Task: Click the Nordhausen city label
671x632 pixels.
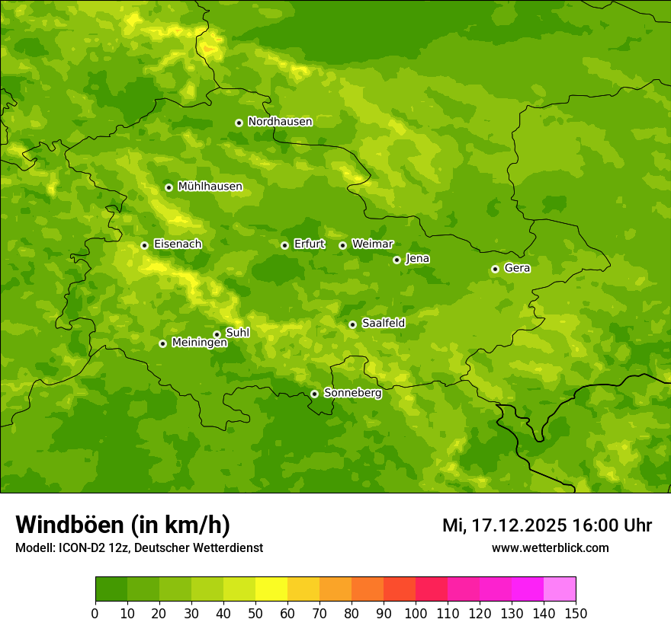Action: click(x=280, y=122)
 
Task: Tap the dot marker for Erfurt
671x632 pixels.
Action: click(x=284, y=245)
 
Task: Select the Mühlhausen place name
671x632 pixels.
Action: click(x=210, y=187)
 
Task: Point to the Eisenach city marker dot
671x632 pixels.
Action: click(x=144, y=245)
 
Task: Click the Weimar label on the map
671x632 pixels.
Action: click(x=372, y=244)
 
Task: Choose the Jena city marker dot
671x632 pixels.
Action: click(x=396, y=260)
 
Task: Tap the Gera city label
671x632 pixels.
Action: click(x=517, y=268)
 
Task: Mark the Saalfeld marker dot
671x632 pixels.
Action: click(x=352, y=324)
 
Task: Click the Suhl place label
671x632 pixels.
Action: click(x=237, y=333)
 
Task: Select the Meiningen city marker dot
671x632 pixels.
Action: click(x=162, y=343)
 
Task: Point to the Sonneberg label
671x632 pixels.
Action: click(x=352, y=393)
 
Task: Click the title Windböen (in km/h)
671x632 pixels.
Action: click(x=123, y=525)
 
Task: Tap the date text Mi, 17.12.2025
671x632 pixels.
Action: click(x=504, y=525)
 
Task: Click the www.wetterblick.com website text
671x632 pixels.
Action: click(x=550, y=547)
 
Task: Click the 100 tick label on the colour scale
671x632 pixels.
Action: click(x=416, y=613)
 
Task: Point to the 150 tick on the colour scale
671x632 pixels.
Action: click(x=576, y=613)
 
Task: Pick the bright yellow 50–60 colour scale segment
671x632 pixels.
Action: click(x=271, y=589)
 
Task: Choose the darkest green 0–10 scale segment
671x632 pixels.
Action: click(x=111, y=589)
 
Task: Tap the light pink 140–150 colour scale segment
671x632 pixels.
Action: click(x=560, y=589)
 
